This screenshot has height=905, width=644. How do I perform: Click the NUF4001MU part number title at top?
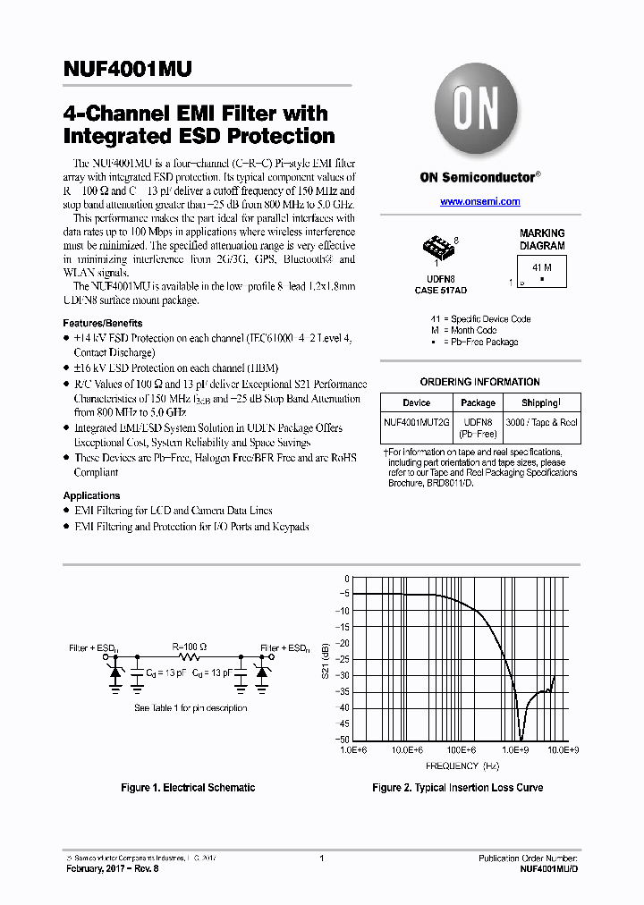(127, 71)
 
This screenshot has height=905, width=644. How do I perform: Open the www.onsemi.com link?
(479, 202)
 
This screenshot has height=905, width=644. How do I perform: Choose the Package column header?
(478, 403)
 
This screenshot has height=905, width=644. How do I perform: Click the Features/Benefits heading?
(103, 323)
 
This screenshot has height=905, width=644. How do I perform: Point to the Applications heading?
(91, 495)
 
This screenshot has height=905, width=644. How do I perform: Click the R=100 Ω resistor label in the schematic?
(189, 646)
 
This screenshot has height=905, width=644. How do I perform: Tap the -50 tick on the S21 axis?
(343, 740)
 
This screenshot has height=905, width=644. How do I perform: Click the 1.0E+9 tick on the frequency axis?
(515, 751)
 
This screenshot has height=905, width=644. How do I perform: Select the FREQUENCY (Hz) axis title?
(462, 766)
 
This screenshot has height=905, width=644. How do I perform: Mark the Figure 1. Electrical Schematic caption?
(188, 788)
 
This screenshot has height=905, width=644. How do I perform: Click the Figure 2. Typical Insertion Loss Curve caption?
(457, 788)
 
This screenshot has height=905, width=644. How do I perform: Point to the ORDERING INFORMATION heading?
(479, 382)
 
